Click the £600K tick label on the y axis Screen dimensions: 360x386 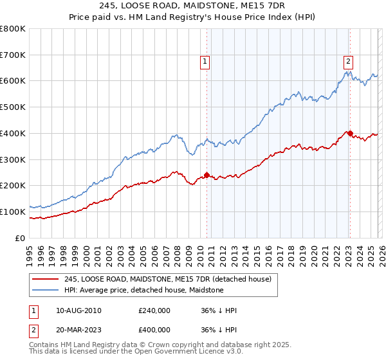tap(13, 81)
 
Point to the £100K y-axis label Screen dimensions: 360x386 tap(13, 212)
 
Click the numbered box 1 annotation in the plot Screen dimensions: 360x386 tap(205, 62)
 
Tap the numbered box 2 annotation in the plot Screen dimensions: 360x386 tap(348, 62)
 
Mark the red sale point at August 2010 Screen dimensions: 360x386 tap(207, 174)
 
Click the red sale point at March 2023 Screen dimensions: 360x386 tap(350, 133)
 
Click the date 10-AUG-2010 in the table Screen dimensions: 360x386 tap(78, 310)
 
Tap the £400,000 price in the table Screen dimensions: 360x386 tap(154, 329)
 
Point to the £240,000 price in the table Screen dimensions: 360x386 tap(154, 310)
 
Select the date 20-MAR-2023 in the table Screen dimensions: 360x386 tap(78, 329)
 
